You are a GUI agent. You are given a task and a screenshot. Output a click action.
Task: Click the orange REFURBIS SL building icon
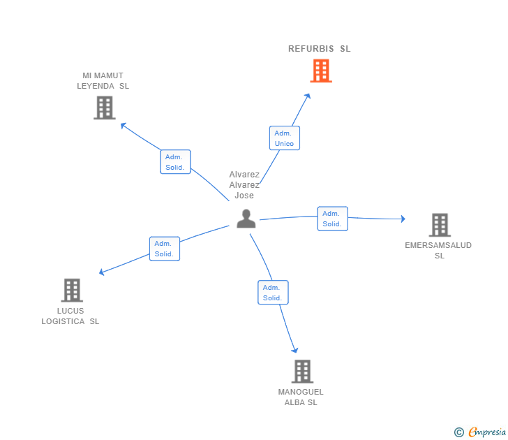click(x=320, y=71)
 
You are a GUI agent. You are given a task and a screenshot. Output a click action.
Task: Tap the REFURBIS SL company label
click(x=320, y=49)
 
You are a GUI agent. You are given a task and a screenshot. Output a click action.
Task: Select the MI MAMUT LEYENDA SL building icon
click(x=105, y=108)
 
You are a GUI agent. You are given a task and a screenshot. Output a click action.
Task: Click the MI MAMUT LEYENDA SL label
click(x=103, y=81)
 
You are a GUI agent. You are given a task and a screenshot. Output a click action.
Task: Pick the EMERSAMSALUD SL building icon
click(x=439, y=225)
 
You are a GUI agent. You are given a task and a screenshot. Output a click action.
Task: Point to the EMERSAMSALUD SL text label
click(x=438, y=250)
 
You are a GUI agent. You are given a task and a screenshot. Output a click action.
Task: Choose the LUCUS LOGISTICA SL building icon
click(x=72, y=290)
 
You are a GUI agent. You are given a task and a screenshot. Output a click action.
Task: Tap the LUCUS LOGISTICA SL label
click(x=70, y=316)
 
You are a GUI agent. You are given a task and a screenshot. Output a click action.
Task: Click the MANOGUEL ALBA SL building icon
click(x=301, y=372)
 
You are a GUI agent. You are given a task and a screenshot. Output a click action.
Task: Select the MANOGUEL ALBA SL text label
click(x=301, y=397)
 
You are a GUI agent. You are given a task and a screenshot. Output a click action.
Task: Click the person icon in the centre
click(x=246, y=218)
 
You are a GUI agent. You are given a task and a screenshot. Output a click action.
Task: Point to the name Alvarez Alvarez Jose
click(x=244, y=185)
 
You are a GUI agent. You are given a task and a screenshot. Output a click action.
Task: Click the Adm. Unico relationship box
click(x=284, y=138)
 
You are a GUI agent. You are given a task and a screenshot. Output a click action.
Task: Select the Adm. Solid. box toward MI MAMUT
click(x=175, y=162)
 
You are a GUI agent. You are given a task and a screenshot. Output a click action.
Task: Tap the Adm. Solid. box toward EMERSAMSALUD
click(x=332, y=219)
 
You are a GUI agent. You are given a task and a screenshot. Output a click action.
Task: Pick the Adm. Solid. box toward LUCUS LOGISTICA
click(x=165, y=249)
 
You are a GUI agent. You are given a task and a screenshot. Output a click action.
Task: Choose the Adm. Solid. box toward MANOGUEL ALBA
click(x=272, y=293)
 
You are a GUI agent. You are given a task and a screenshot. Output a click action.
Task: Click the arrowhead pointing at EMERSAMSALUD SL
click(x=402, y=219)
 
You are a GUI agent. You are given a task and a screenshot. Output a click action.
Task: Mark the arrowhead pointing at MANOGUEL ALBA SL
click(x=295, y=350)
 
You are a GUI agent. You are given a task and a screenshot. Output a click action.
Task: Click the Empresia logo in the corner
click(x=480, y=432)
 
